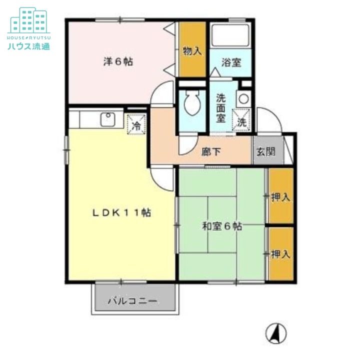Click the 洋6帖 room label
tap(118, 62)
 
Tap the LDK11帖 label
tap(121, 212)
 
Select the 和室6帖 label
tap(222, 226)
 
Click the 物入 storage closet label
tap(192, 51)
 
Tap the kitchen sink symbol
tap(107, 120)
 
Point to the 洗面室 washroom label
tap(221, 108)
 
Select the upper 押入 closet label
tap(280, 197)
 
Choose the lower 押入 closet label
tap(280, 254)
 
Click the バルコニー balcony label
tap(132, 301)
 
